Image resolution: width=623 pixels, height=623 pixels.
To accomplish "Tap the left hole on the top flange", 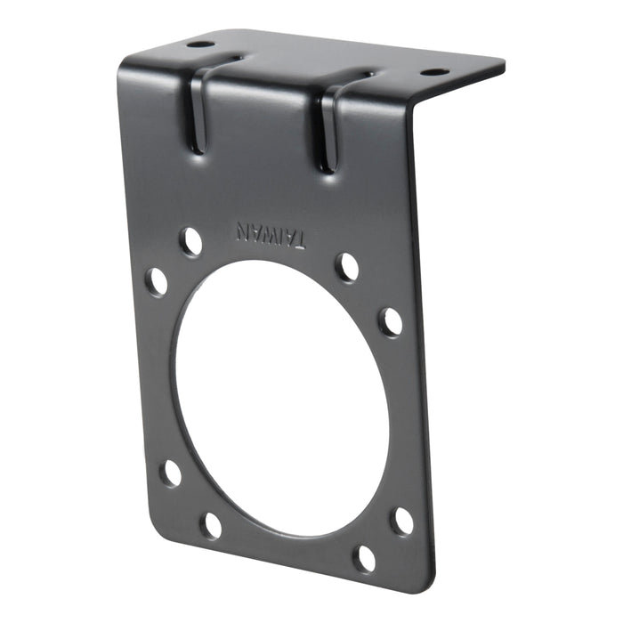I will coord(201,44).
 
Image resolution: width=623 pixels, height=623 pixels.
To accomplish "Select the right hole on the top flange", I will coord(433,72).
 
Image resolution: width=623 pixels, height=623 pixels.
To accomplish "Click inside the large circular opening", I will coord(280,396).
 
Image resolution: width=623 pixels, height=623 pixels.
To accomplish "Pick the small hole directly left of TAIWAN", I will coord(190,240).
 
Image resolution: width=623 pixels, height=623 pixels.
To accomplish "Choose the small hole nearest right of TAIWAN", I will coord(347,266).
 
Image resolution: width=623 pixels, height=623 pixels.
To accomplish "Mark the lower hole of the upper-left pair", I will coord(158,281).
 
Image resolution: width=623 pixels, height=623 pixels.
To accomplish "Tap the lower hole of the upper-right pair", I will coord(390,321).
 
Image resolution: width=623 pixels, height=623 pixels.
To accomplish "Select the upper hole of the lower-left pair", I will coord(171,472).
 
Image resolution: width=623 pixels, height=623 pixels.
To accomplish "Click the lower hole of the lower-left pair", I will coord(211,525).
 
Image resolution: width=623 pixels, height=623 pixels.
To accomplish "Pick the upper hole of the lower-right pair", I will coord(402,521).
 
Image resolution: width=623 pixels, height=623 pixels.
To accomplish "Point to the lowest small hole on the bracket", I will coord(365,558).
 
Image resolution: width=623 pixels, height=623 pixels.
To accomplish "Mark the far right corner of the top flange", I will coord(503,64).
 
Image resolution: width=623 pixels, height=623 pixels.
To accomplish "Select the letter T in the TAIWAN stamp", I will coord(302,239).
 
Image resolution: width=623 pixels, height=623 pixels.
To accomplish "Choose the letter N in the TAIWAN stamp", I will coord(241,230).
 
